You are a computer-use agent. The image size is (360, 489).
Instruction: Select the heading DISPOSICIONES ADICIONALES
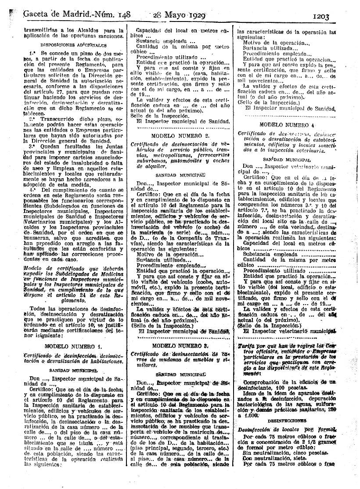pos(72,44)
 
